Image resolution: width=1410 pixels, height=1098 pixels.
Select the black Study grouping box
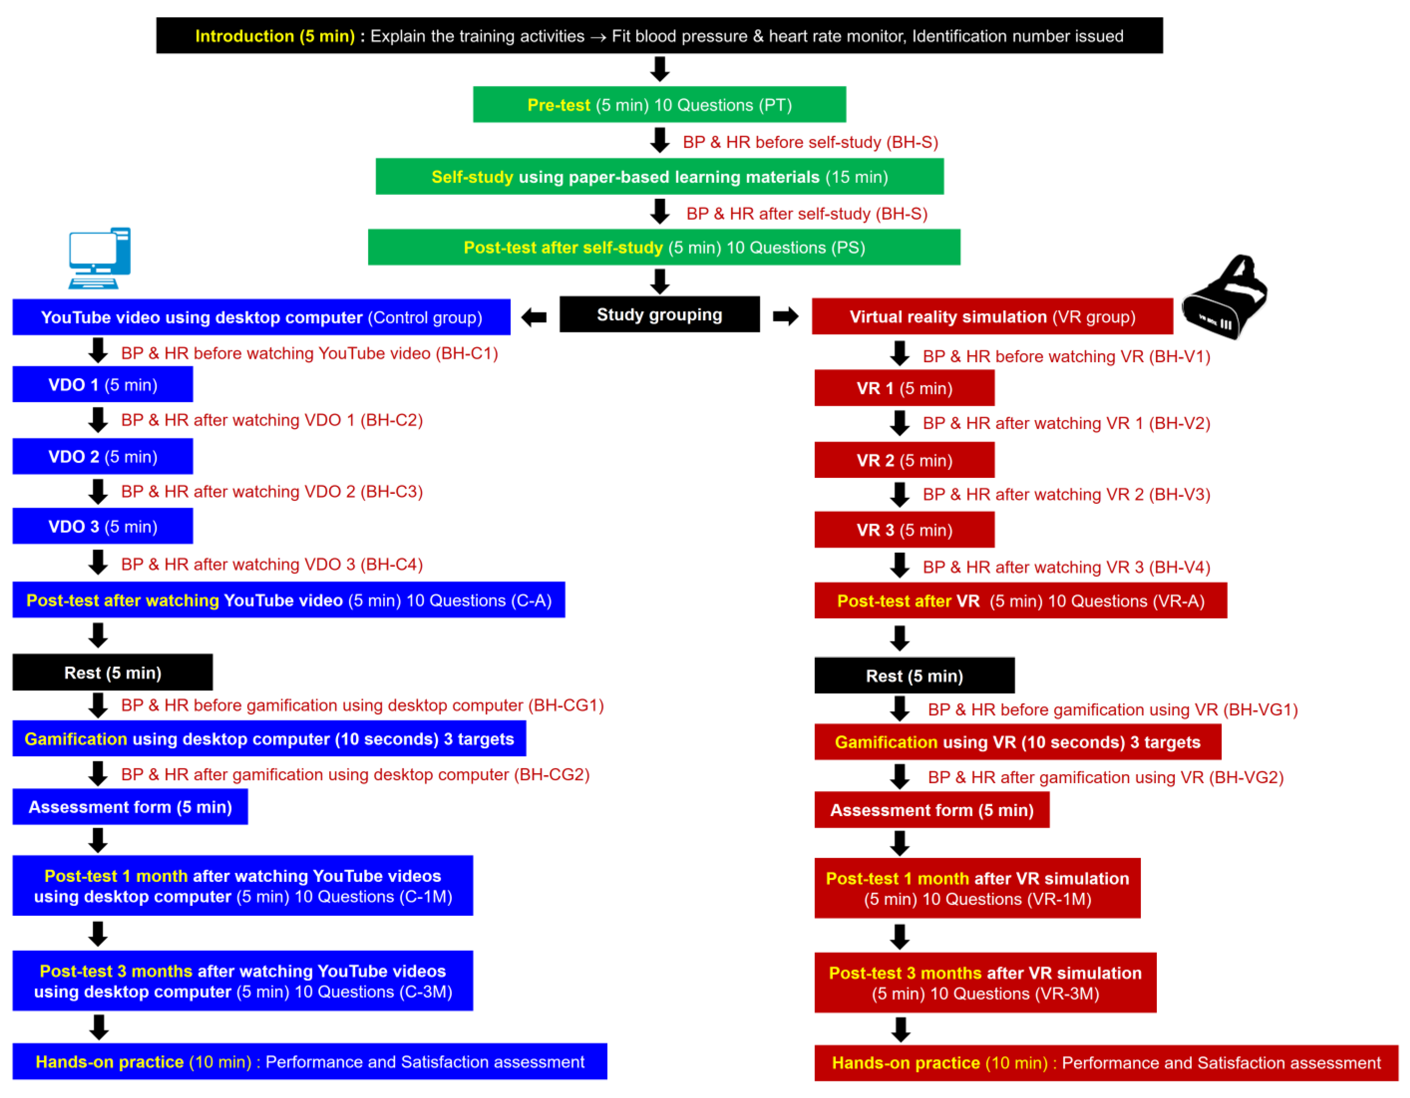click(659, 315)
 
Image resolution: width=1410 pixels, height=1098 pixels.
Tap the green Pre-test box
click(659, 105)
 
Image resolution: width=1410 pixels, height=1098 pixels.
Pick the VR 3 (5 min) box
click(904, 530)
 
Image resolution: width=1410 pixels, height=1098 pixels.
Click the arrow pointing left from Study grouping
click(534, 317)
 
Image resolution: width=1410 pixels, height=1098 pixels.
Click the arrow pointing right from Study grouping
click(785, 316)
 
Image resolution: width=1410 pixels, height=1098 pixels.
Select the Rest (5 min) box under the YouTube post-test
click(112, 673)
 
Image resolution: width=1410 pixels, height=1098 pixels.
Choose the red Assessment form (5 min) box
click(931, 810)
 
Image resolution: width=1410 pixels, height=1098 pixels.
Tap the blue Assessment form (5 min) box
click(130, 807)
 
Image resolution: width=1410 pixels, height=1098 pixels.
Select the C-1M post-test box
click(243, 886)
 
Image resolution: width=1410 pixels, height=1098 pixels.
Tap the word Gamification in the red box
click(886, 742)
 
